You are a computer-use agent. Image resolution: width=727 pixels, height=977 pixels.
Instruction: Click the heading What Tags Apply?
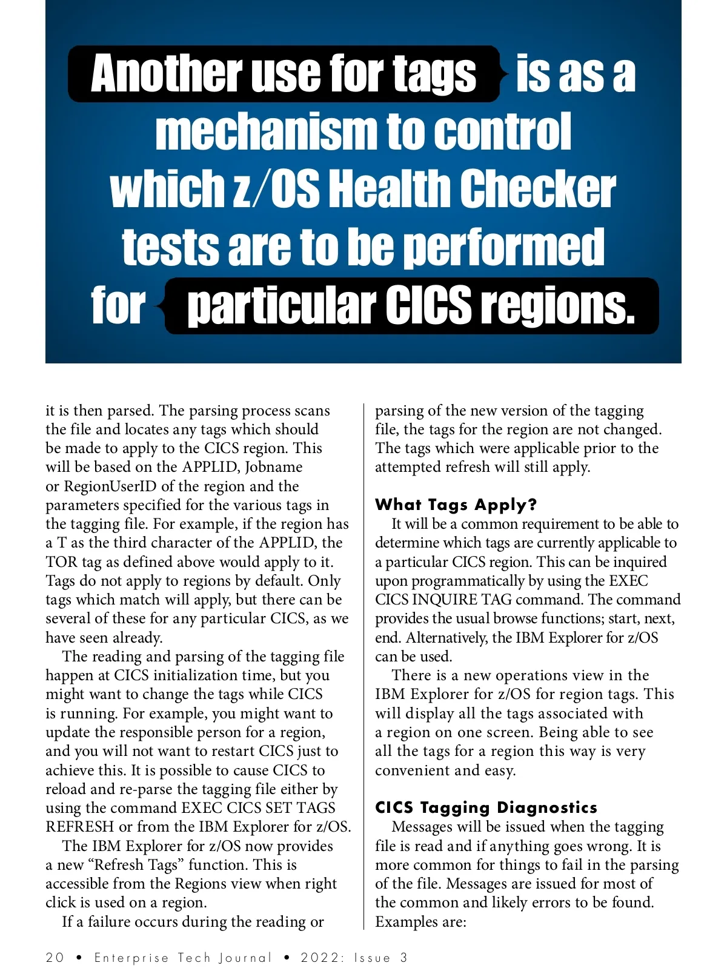[456, 505]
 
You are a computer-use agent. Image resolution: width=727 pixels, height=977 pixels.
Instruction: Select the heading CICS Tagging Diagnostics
[486, 807]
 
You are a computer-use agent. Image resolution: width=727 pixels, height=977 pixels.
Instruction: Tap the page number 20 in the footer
[55, 958]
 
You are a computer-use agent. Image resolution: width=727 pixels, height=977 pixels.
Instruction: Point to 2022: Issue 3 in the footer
[354, 958]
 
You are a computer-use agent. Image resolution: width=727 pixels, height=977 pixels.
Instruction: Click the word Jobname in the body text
[274, 467]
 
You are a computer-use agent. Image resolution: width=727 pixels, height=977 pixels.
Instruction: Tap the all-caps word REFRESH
[79, 827]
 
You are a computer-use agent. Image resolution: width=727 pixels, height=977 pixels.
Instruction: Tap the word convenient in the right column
[413, 770]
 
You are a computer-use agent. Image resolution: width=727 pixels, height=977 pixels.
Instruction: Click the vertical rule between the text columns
[363, 666]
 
